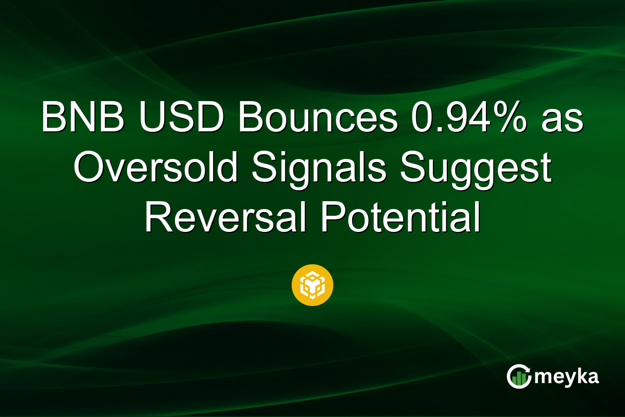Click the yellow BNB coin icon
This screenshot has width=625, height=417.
click(312, 285)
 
